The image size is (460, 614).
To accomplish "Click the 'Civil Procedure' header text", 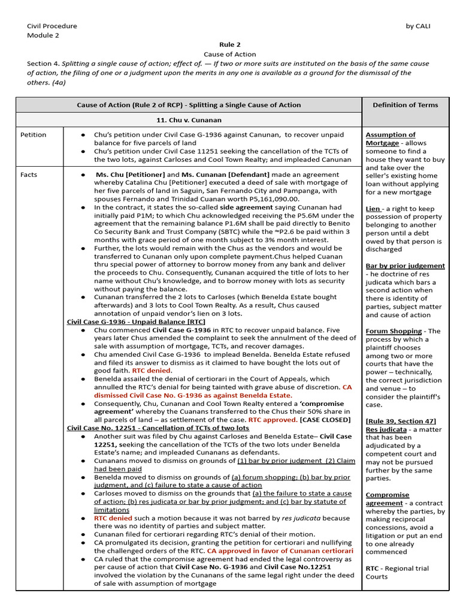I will pos(52,26).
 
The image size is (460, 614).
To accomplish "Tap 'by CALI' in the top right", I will pos(419,26).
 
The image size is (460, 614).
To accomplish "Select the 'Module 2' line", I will pos(43,35).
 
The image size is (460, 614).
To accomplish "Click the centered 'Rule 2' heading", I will pos(230,45).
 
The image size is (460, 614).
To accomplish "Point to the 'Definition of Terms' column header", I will pos(405,105).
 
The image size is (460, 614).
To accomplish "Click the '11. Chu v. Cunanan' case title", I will pos(189,120).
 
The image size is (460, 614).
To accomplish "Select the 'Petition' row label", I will pos(33,135).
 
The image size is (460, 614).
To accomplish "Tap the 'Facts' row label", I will pos(29,175).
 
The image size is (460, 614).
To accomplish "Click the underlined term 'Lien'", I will pos(373,209).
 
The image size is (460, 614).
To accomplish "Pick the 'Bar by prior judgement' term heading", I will pos(405,266).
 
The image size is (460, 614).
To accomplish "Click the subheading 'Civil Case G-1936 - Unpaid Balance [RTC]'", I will pos(131,322).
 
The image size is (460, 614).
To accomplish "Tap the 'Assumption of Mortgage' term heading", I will pos(390,139).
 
